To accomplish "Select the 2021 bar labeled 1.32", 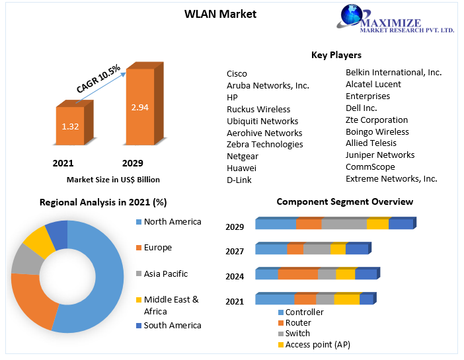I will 69,126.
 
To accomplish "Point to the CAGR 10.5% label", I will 98,79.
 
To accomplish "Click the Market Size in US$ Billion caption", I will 113,179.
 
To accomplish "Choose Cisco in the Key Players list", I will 237,73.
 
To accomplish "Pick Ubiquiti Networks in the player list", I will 262,121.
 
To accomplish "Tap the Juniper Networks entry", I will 380,155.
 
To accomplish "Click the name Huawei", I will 241,168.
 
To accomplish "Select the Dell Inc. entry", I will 362,108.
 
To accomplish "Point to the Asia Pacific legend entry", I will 166,273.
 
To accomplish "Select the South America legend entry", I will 173,325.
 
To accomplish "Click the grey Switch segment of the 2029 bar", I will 344,225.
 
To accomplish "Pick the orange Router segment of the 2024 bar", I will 298,274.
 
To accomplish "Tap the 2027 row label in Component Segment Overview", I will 235,251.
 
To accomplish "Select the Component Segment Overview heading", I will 344,201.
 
